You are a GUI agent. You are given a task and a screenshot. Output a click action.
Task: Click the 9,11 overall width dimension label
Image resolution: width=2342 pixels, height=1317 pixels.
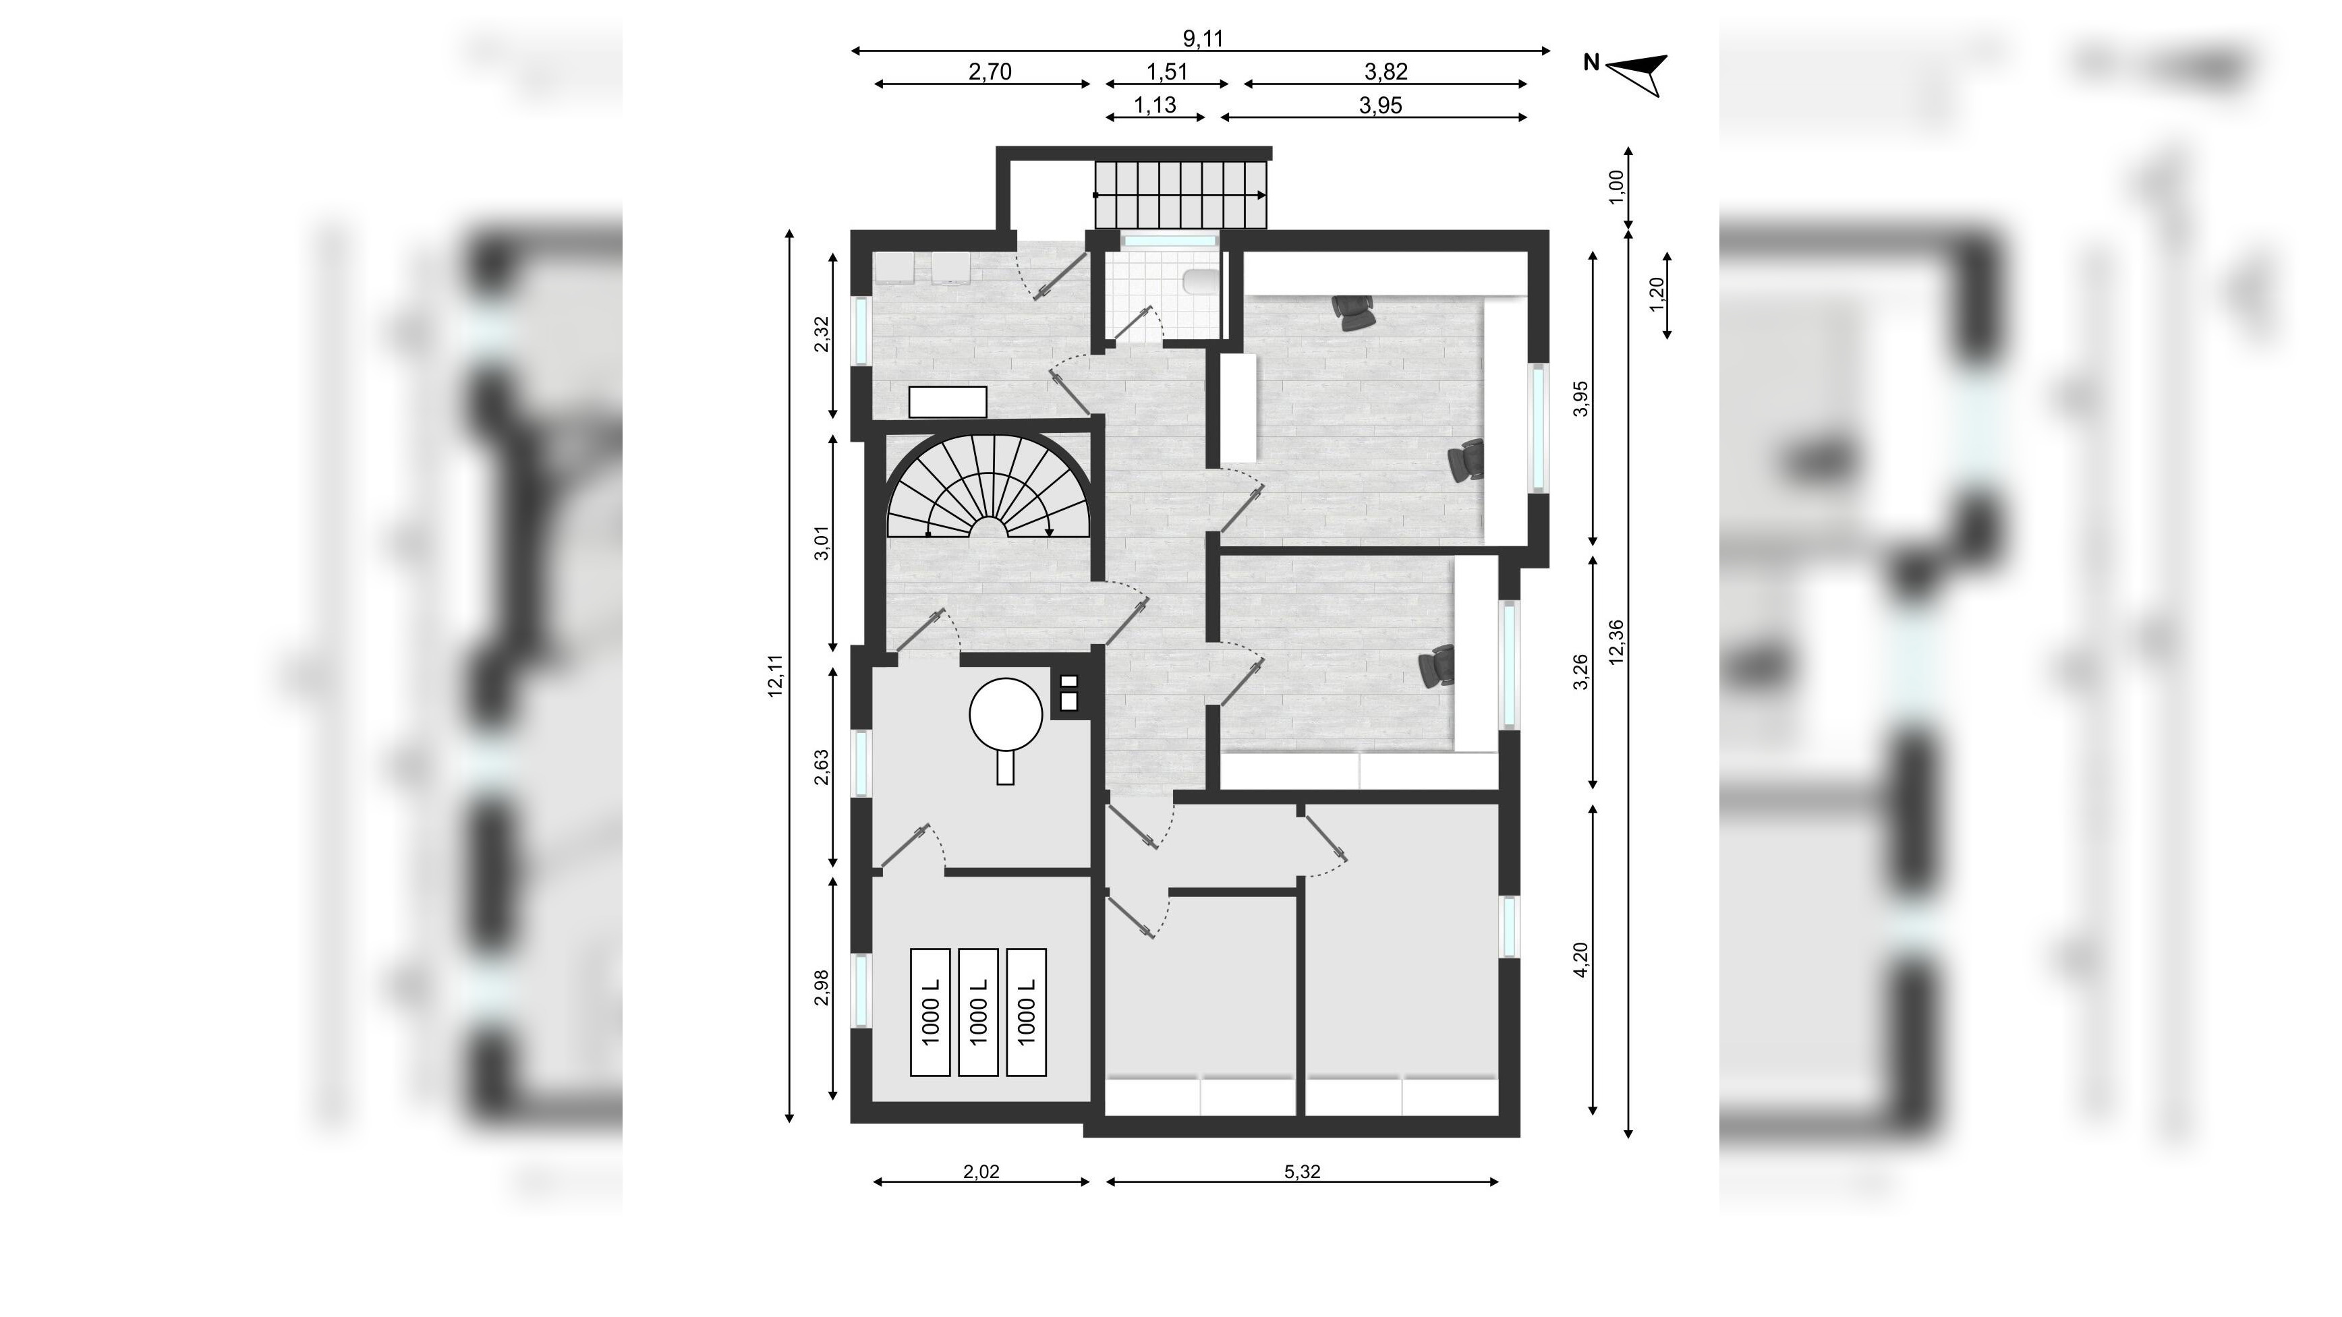point(1202,38)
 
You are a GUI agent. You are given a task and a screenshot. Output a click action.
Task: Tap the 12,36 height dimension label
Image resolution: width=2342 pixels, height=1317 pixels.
point(1616,643)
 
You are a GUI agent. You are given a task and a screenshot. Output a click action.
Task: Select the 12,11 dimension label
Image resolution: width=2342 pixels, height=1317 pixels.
point(776,675)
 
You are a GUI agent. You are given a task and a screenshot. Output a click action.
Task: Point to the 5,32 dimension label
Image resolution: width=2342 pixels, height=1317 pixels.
point(1302,1171)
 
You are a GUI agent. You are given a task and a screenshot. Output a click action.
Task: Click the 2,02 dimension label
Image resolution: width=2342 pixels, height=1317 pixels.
point(981,1171)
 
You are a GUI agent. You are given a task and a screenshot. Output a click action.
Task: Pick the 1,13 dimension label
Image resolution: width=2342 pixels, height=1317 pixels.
point(1155,105)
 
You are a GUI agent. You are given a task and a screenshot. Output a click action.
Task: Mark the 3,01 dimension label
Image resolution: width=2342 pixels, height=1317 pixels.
point(821,543)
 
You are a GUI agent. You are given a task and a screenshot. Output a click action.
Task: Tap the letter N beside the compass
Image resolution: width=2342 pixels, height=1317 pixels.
point(1591,63)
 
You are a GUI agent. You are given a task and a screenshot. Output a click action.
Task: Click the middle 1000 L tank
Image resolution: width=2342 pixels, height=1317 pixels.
point(978,1012)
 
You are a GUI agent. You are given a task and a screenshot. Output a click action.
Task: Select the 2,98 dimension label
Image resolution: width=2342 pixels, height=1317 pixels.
point(821,988)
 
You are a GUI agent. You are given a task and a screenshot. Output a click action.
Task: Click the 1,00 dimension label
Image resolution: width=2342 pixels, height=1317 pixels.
point(1616,188)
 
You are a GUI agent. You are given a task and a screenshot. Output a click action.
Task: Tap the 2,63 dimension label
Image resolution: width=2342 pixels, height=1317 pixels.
point(821,766)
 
